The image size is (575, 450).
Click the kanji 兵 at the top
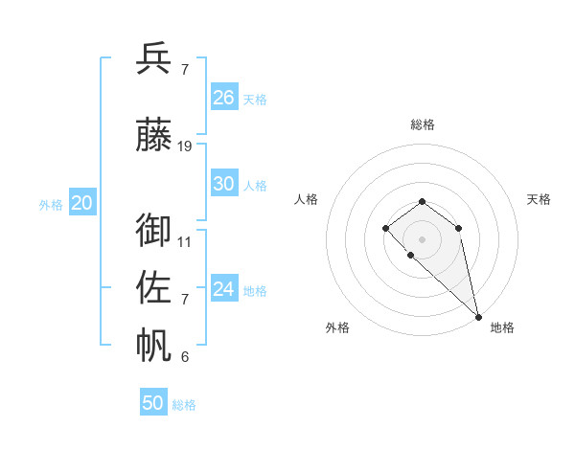click(x=154, y=58)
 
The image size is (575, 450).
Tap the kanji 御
click(x=154, y=230)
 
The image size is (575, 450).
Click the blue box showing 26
click(x=224, y=98)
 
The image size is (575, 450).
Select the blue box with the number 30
click(x=224, y=184)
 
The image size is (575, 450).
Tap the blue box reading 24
click(x=224, y=289)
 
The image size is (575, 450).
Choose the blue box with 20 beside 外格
click(x=82, y=203)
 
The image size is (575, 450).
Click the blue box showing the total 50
click(x=153, y=403)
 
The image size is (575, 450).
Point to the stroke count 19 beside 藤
click(x=185, y=146)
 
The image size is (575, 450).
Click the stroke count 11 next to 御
click(x=185, y=241)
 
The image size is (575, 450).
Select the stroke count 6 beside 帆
click(x=185, y=357)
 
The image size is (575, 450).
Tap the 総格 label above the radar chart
click(x=423, y=124)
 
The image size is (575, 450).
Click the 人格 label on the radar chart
click(x=307, y=199)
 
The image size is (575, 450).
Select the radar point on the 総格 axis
click(x=423, y=201)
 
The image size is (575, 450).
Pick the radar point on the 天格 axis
click(x=459, y=228)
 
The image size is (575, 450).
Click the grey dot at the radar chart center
click(x=423, y=238)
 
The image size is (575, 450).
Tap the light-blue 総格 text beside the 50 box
click(x=185, y=405)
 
